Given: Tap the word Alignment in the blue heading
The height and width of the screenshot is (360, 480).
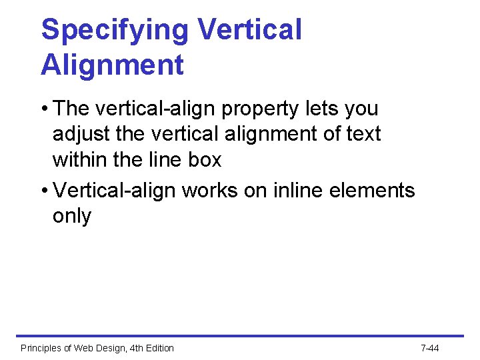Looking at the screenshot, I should pos(112,65).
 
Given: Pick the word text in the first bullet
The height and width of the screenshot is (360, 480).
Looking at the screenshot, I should pos(363,134).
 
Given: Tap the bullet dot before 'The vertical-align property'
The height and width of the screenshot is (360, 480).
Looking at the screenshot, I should pos(44,109).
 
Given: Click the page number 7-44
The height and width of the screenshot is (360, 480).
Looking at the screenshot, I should pos(430,348).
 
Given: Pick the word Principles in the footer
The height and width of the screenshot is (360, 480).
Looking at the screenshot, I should pos(41,348).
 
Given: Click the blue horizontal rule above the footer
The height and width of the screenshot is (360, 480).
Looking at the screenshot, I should pos(240,336).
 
